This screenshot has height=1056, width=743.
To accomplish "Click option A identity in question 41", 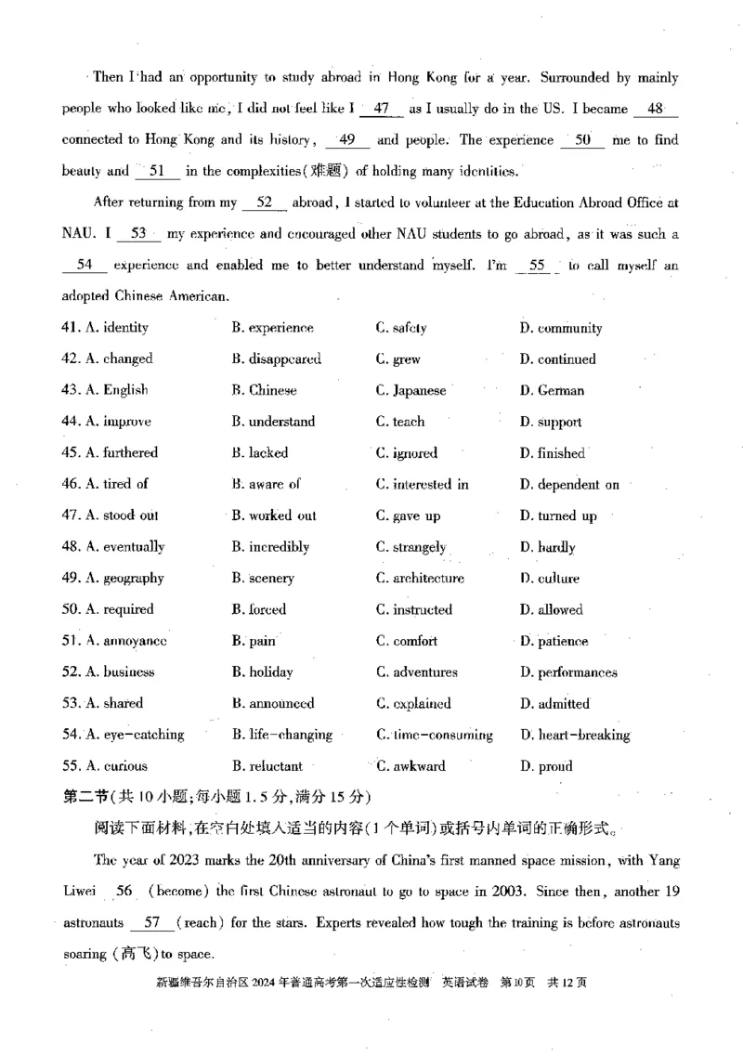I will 118,328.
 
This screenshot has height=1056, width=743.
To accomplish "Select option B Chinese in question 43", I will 265,390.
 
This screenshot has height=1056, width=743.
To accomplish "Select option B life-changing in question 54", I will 282,735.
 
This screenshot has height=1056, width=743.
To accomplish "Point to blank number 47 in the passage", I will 381,109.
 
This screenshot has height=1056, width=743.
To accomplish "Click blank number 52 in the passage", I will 263,202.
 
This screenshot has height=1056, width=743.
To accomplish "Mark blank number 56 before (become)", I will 125,892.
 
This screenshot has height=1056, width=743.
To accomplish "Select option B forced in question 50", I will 259,610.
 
